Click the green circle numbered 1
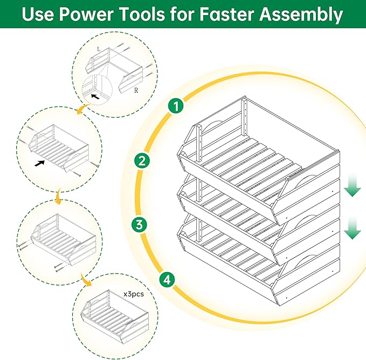point(174,105)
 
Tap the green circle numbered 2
point(142,160)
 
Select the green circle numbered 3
point(139,225)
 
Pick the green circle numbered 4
point(168,280)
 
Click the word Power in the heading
point(89,15)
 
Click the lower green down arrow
point(353,229)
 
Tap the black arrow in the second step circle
point(39,162)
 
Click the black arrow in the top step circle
point(95,97)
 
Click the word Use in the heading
point(40,15)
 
